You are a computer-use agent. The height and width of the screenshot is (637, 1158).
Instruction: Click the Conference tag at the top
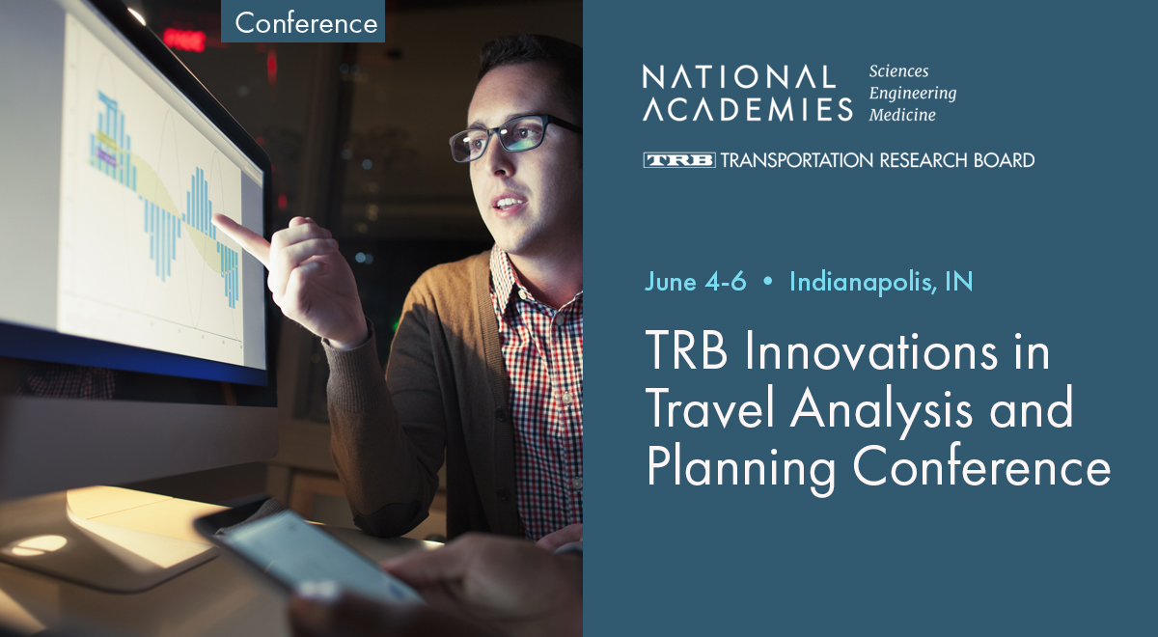coord(306,22)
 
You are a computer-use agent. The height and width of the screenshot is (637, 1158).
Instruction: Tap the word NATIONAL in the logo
coord(739,77)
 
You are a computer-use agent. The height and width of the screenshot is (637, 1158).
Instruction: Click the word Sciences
coord(898,71)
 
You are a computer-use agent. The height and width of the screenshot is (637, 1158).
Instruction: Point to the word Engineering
coord(913,94)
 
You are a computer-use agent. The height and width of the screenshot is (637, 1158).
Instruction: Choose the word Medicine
coord(902,115)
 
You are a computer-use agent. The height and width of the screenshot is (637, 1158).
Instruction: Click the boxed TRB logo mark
coord(679,160)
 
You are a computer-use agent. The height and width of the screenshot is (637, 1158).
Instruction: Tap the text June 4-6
coord(695,282)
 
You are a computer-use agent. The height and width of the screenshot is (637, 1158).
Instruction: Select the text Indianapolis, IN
coord(881,282)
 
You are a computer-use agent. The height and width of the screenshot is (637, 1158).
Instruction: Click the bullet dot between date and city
coord(768,283)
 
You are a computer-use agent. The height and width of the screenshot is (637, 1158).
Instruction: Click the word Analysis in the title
coord(891,410)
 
